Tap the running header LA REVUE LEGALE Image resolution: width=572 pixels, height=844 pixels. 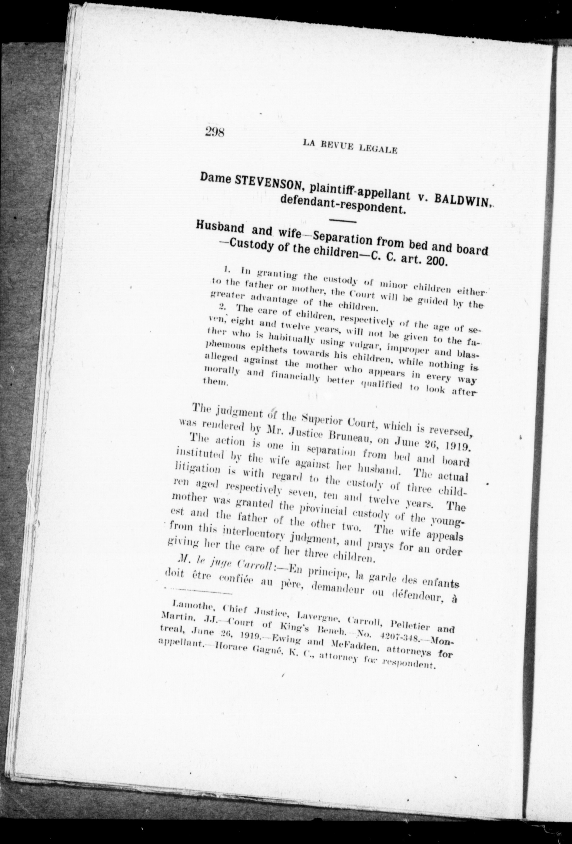pyautogui.click(x=350, y=146)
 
